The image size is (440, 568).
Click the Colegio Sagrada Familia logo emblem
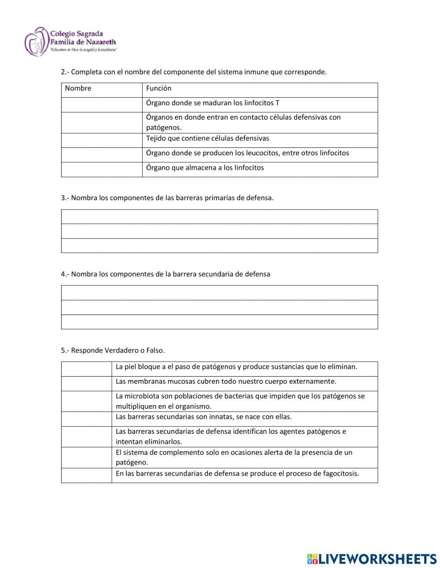[x=37, y=42]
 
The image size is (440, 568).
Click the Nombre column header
[x=78, y=88]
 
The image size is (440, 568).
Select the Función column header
[x=159, y=88]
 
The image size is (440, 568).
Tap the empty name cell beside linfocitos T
[x=102, y=105]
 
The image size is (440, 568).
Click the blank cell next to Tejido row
[x=102, y=140]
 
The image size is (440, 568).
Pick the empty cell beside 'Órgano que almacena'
[x=102, y=169]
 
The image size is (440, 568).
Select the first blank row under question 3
[x=219, y=216]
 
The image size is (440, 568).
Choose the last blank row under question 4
[x=219, y=322]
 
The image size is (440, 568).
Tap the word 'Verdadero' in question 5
[x=121, y=351]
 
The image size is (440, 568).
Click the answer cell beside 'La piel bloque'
[x=86, y=369]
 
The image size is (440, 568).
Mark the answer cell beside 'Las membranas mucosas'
[x=86, y=384]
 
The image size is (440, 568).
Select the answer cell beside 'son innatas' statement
[x=86, y=419]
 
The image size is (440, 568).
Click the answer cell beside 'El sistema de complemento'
[x=86, y=457]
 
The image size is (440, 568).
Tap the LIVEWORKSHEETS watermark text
[x=377, y=559]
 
